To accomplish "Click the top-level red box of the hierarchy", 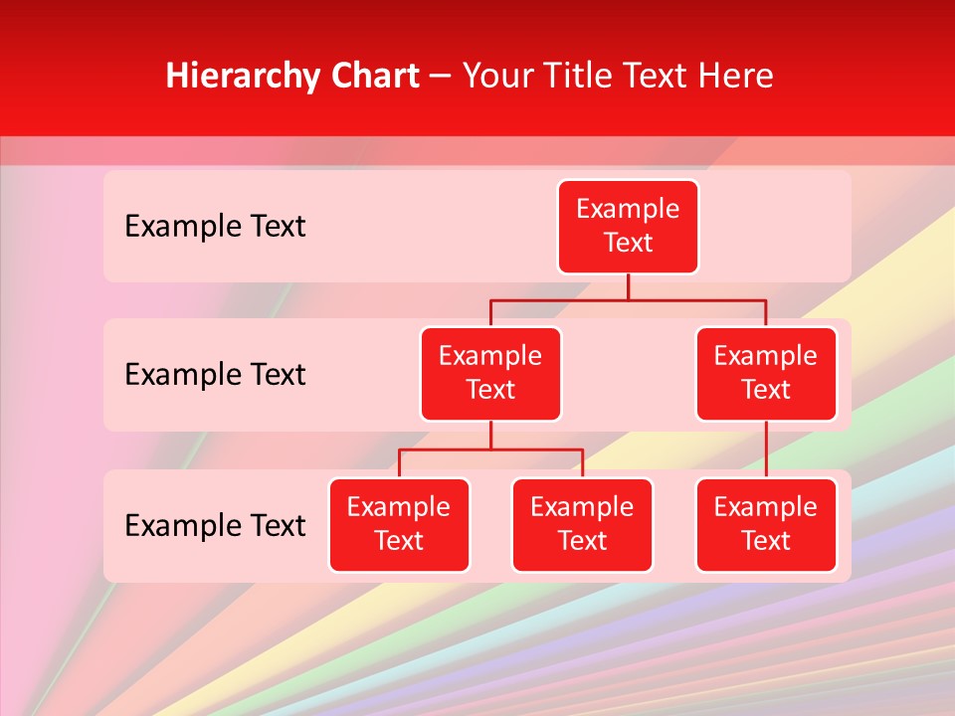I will point(628,227).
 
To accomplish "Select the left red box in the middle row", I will point(490,374).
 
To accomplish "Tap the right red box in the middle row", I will point(766,374).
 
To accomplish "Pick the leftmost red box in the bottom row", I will point(399,525).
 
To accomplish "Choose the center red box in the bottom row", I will point(582,525).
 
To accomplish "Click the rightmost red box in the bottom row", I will point(766,525).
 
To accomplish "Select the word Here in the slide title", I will point(735,77).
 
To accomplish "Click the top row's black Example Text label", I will point(215,227).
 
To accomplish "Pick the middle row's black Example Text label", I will point(215,375).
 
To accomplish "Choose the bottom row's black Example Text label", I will point(215,526).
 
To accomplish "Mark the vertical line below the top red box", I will point(628,286).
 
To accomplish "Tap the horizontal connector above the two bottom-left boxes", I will point(490,449).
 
